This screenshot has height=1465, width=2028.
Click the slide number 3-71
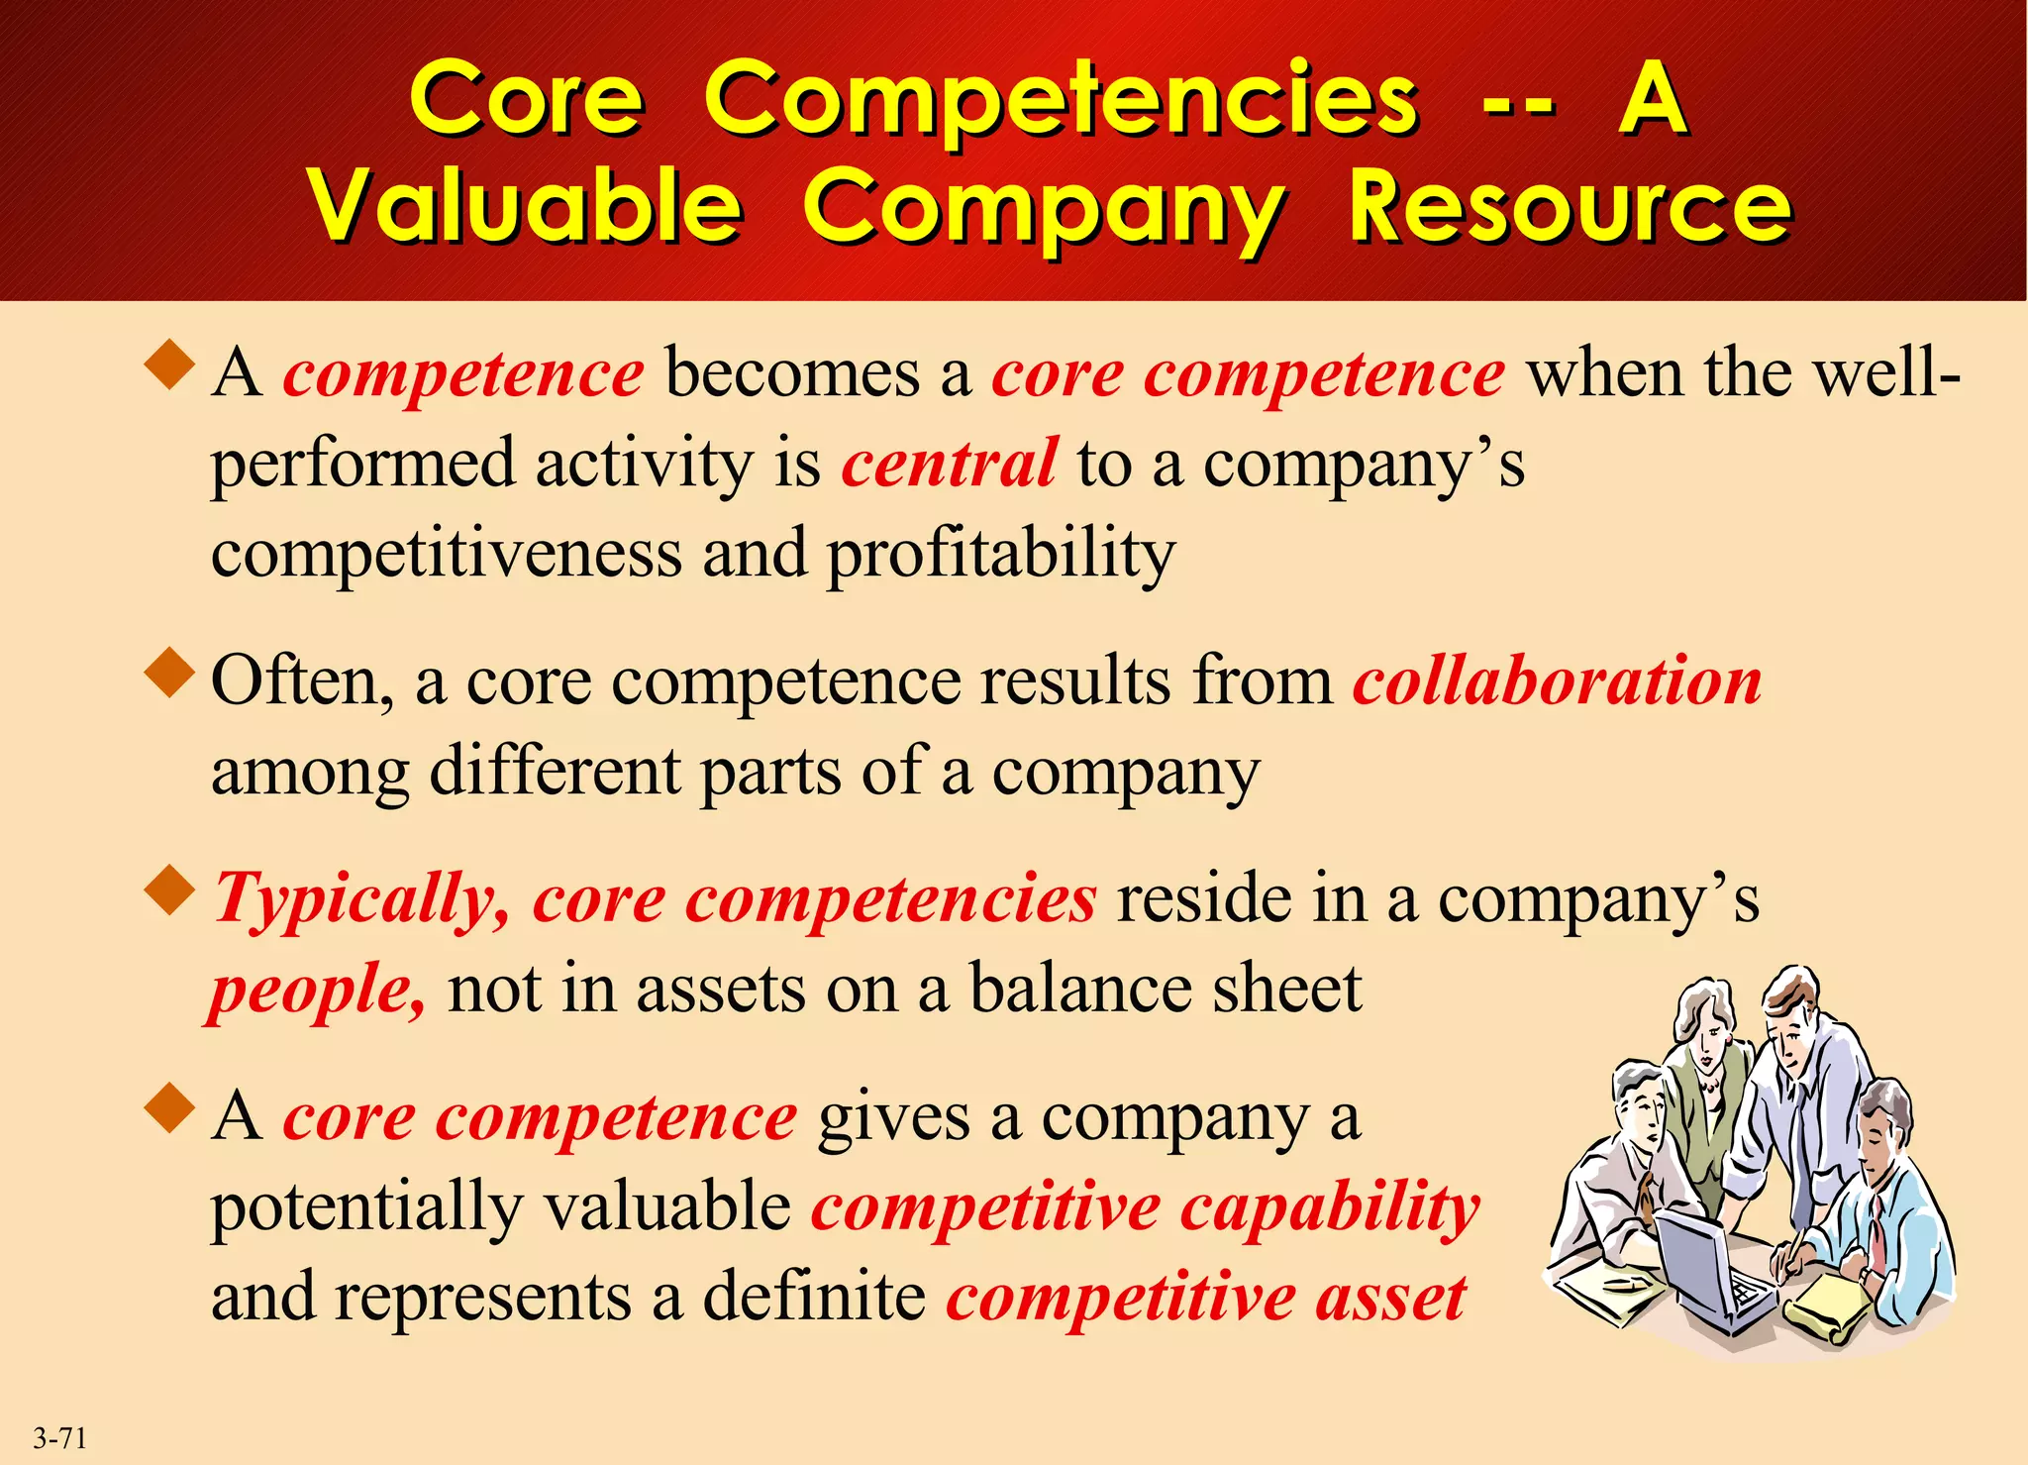click(x=60, y=1437)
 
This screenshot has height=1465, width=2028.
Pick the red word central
click(x=949, y=464)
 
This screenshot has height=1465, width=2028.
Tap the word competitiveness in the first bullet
click(x=447, y=553)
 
